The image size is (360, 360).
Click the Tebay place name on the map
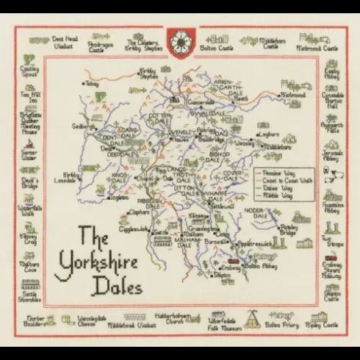coord(91,84)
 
